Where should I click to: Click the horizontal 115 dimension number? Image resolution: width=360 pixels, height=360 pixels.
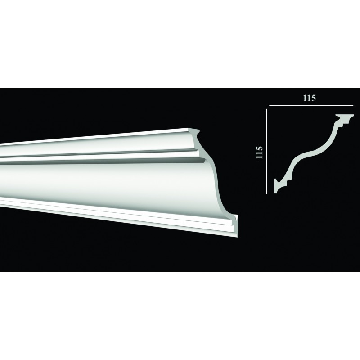point(310,98)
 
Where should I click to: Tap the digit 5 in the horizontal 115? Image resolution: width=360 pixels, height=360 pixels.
point(314,98)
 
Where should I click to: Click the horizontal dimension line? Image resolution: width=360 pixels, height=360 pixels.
point(311,105)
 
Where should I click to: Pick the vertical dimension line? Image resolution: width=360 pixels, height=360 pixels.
point(266,152)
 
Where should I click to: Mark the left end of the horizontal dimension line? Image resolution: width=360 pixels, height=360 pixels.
point(269,105)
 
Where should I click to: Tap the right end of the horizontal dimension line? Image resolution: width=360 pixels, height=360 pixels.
point(353,105)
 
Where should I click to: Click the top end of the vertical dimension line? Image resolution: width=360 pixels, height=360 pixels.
point(266,109)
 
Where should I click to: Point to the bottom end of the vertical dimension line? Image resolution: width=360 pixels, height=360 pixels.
point(266,194)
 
